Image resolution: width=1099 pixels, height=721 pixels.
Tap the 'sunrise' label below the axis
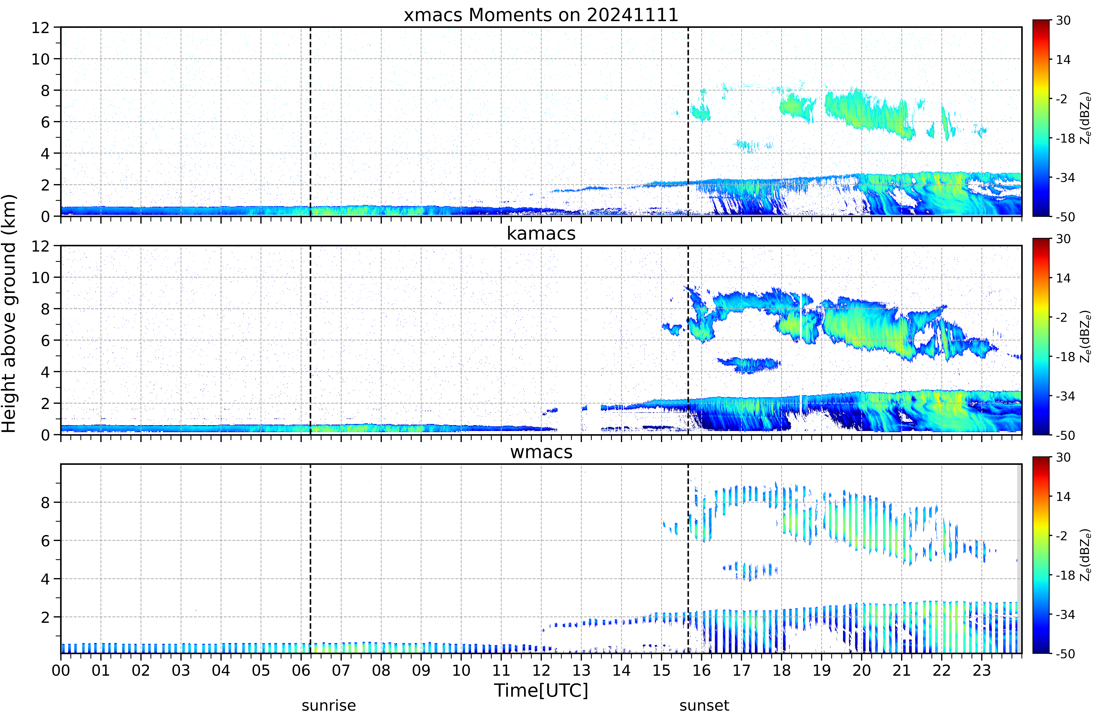[329, 705]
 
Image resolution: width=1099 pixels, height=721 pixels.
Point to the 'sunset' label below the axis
[704, 705]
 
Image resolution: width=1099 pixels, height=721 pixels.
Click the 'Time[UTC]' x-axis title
[541, 690]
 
